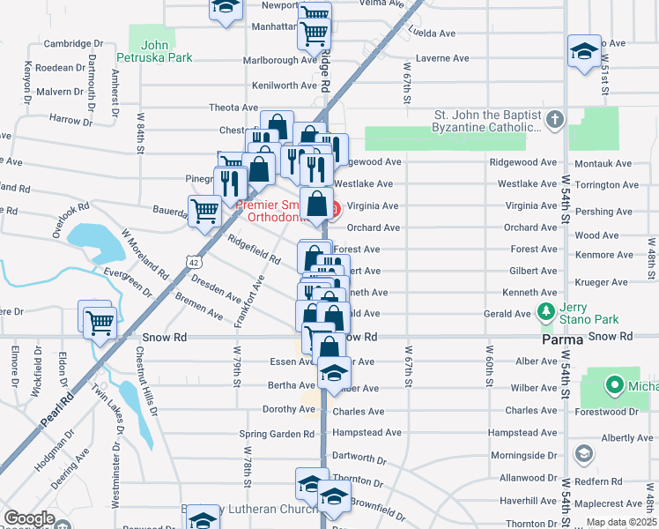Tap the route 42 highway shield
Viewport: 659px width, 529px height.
pyautogui.click(x=194, y=262)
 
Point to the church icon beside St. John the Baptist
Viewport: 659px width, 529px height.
pyautogui.click(x=554, y=121)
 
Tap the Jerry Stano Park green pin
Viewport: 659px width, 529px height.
pyautogui.click(x=545, y=313)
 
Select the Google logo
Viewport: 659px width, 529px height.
pyautogui.click(x=30, y=518)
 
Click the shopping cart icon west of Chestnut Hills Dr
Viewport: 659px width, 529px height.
pyautogui.click(x=98, y=322)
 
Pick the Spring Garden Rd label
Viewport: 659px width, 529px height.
pyautogui.click(x=278, y=434)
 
